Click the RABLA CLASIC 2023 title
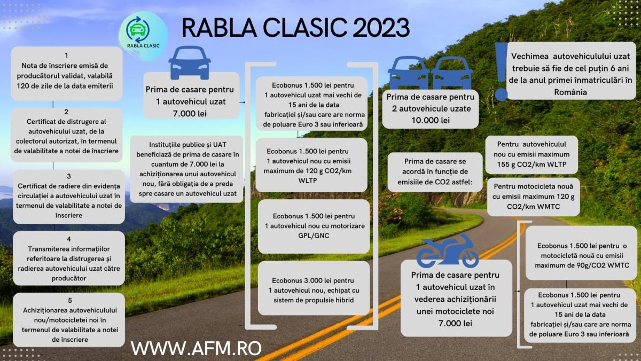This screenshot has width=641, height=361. tap(295, 28)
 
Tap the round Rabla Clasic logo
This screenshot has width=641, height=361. tap(143, 35)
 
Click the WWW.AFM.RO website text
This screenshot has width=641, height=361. tap(196, 348)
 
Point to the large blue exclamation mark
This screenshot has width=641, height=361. tap(502, 72)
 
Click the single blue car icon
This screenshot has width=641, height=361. tap(190, 62)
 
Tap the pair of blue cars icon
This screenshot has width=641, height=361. tap(431, 73)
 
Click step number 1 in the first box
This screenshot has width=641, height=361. tap(66, 55)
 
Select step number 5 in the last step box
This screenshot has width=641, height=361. tap(70, 300)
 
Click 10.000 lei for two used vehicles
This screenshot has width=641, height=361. tap(431, 121)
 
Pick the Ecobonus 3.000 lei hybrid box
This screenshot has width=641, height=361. tap(314, 288)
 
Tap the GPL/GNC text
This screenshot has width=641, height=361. tap(314, 236)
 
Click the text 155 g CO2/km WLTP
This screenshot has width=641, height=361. tap(531, 164)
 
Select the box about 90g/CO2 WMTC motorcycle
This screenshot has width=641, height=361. tap(581, 253)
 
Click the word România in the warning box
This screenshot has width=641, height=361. tap(570, 92)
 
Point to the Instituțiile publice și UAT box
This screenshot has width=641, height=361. tap(186, 169)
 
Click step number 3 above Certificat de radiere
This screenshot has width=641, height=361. tap(69, 176)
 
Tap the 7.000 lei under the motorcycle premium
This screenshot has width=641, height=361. tap(455, 324)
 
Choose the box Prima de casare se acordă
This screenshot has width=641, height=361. tap(435, 172)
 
